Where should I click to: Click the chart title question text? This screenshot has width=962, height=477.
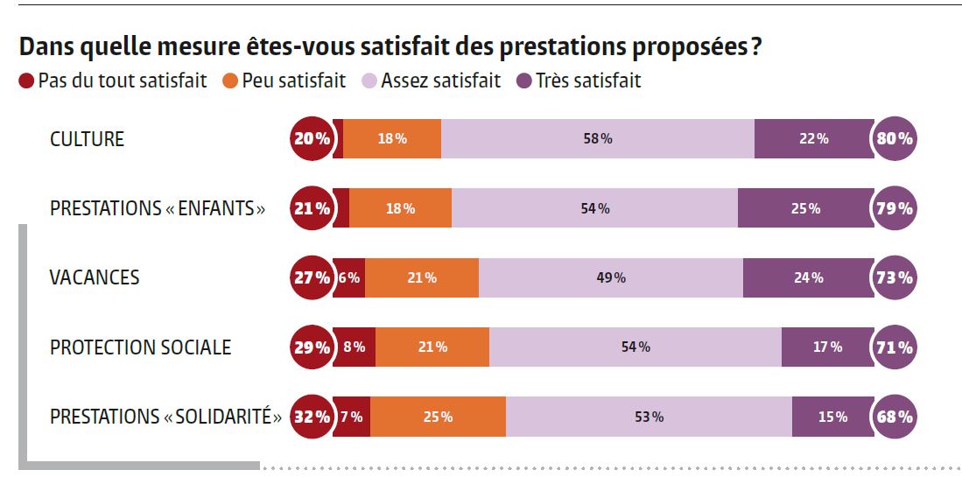[x=390, y=46]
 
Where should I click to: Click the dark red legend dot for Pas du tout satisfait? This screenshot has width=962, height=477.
[x=26, y=81]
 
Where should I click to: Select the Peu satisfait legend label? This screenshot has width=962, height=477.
[x=294, y=81]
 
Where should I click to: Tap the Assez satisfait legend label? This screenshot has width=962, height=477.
[x=441, y=81]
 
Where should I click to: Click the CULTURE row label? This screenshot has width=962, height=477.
[x=87, y=139]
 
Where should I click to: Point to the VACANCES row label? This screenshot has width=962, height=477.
[x=95, y=277]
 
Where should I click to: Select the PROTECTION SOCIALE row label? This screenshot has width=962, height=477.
[x=140, y=347]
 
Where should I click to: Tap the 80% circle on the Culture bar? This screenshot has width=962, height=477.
[x=894, y=138]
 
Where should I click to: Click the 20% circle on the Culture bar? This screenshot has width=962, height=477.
[x=312, y=138]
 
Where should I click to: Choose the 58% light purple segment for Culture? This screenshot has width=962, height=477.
[x=598, y=138]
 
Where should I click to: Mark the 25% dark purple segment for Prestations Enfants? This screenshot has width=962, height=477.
[x=805, y=208]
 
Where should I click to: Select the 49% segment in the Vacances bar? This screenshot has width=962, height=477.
[x=611, y=277]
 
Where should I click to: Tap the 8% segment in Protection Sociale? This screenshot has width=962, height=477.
[x=355, y=347]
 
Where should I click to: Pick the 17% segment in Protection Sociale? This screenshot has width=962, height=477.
[x=826, y=347]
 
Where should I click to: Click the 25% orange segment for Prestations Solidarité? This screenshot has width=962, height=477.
[x=438, y=417]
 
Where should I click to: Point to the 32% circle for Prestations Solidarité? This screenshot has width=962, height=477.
[x=312, y=417]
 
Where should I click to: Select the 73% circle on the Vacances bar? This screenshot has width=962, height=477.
[x=894, y=277]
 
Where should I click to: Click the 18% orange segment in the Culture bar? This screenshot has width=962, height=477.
[x=392, y=138]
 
